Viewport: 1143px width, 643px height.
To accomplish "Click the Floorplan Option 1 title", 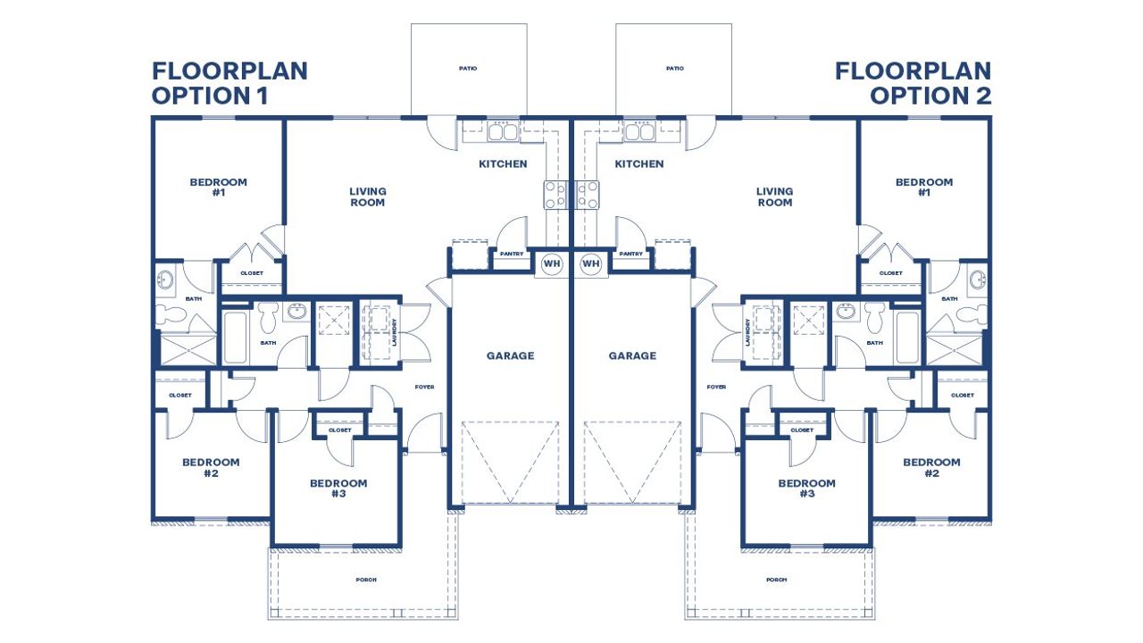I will point(229,84).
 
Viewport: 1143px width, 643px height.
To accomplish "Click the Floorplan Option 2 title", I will point(913,84).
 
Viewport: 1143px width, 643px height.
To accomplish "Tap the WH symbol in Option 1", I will point(551,263).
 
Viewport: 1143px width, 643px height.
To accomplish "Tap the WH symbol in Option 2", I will point(590,263).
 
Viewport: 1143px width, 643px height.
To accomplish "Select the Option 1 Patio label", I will point(468,69).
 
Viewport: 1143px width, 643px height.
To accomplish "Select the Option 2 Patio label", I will point(674,69).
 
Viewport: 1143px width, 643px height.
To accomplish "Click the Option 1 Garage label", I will point(510,355).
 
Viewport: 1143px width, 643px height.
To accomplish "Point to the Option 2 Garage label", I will point(632,355).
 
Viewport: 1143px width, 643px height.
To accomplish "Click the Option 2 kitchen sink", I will point(639,132).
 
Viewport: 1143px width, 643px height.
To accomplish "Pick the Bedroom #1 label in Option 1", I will point(219,187).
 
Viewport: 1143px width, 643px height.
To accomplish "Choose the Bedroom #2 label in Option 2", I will point(931,467).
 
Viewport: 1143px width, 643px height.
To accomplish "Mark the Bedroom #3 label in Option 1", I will point(338,489).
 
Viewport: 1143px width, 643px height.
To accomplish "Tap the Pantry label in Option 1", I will point(512,254).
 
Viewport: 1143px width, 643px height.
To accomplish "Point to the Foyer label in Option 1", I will point(424,387).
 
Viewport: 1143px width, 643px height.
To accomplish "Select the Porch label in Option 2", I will point(777,580).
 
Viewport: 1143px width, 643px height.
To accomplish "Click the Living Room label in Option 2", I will point(774,196).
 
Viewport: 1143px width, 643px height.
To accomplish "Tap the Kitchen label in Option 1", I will point(503,163).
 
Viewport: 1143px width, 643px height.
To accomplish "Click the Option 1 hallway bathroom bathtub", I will point(235,337).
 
